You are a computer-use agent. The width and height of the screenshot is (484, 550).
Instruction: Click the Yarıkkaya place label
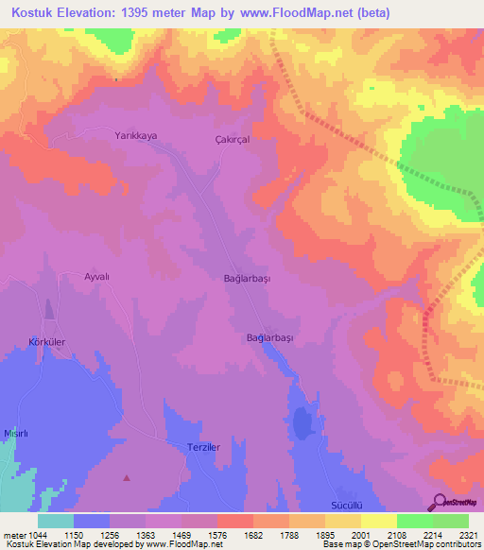pyautogui.click(x=135, y=136)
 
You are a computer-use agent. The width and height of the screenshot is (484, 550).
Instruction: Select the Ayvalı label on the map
pyautogui.click(x=98, y=276)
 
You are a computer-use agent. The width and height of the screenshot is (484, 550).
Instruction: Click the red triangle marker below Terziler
pyautogui.click(x=127, y=477)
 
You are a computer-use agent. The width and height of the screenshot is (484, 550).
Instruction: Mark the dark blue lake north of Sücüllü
pyautogui.click(x=302, y=421)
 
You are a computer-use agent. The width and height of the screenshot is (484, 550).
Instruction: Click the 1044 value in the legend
pyautogui.click(x=28, y=534)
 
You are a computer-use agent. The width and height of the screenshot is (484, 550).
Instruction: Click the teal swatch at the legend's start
pyautogui.click(x=56, y=521)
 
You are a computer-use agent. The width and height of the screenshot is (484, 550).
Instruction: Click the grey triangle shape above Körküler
pyautogui.click(x=49, y=309)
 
